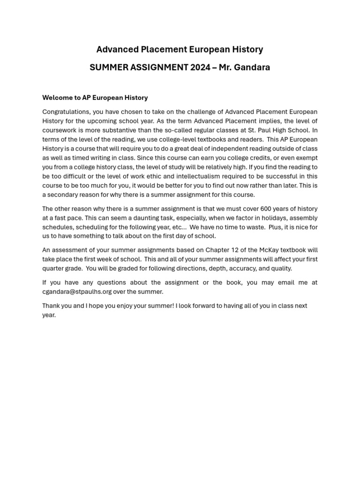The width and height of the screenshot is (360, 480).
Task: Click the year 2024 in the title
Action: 200,67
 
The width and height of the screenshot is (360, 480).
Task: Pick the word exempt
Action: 305,158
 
